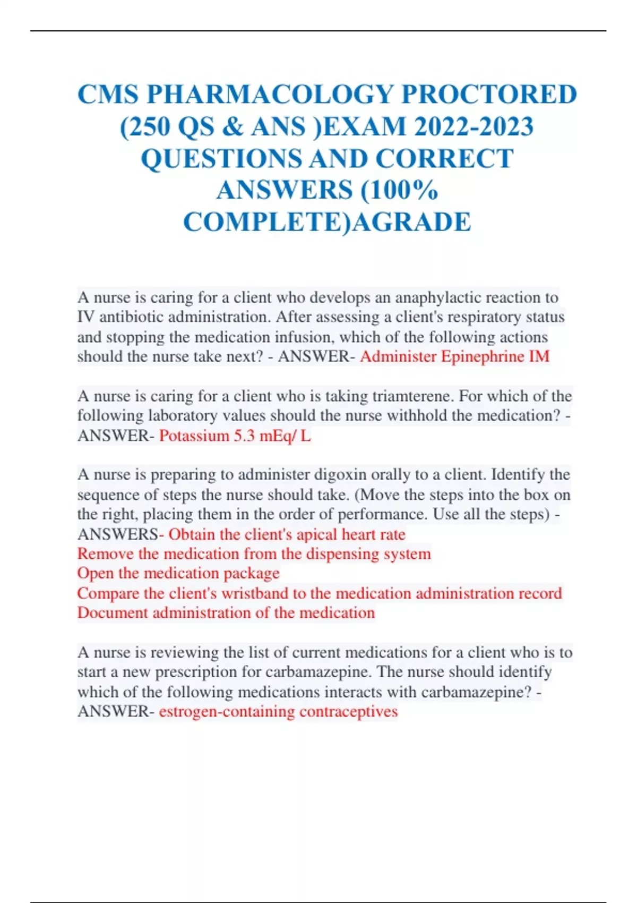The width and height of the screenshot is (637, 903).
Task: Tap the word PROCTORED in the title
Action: (x=489, y=95)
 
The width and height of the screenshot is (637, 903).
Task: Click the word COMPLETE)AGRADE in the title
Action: (x=327, y=222)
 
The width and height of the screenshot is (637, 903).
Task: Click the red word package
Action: (x=251, y=573)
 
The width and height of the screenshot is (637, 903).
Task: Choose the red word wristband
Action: (x=255, y=593)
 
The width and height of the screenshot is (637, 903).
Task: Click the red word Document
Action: (x=113, y=612)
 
